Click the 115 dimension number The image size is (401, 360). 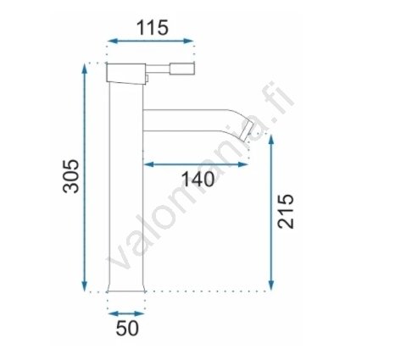(x=153, y=28)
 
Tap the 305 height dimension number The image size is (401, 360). (x=70, y=176)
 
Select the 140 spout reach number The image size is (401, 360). (x=198, y=179)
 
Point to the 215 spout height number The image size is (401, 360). (x=286, y=211)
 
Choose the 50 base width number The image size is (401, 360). (x=127, y=328)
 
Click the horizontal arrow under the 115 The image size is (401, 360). (x=151, y=41)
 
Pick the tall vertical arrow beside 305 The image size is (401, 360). (x=84, y=178)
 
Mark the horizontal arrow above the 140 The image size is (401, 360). (x=196, y=164)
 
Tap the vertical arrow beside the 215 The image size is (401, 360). (x=271, y=213)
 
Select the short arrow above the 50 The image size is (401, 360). (x=126, y=313)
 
